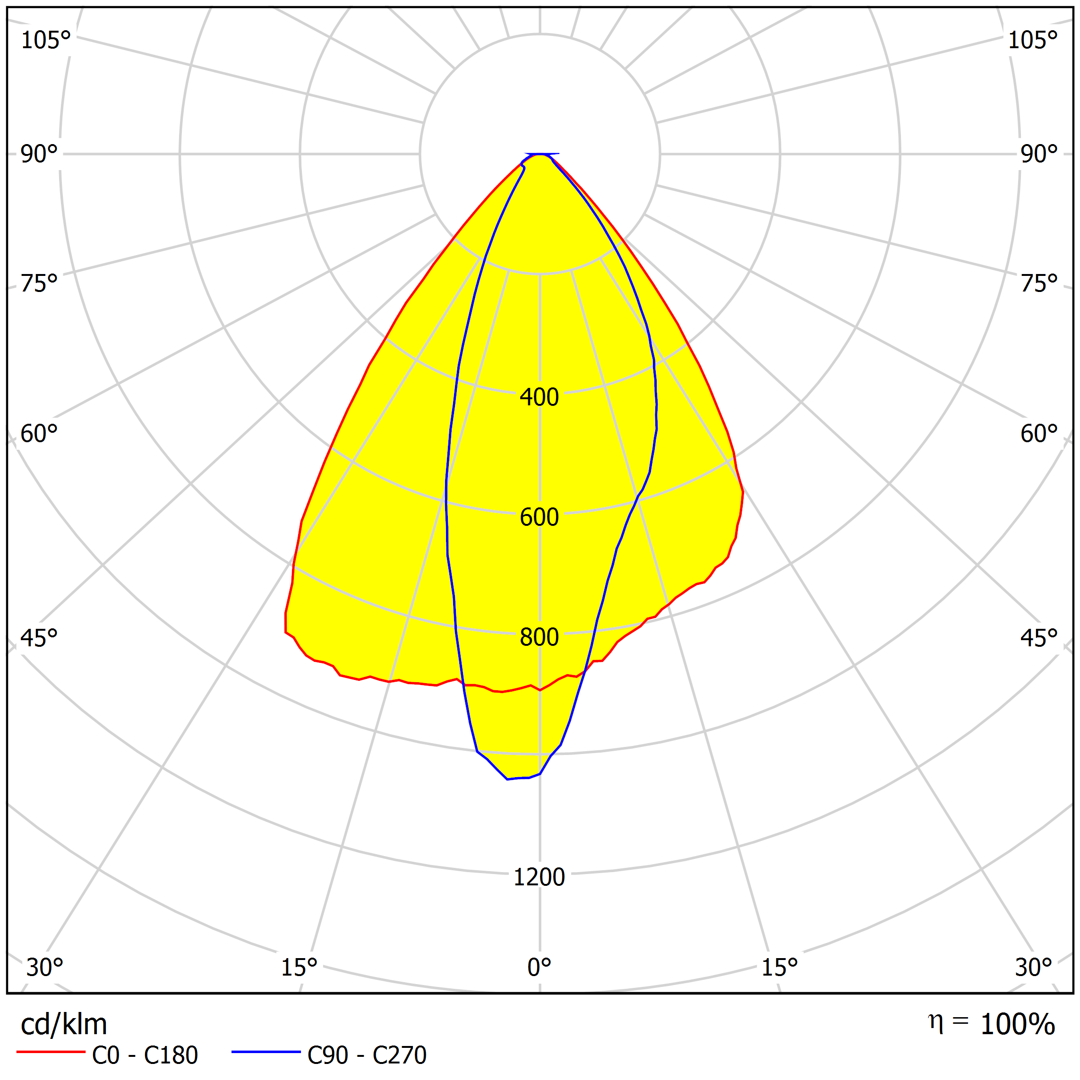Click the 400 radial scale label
[x=539, y=397]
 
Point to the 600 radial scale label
[x=539, y=517]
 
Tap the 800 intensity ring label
[x=539, y=637]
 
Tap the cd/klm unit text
[x=64, y=1025]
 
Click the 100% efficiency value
[x=1017, y=1025]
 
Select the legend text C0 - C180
[x=145, y=1055]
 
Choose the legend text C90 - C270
[x=367, y=1055]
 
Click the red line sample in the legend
[x=51, y=1052]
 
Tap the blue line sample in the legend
[x=266, y=1052]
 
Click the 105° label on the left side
[x=46, y=41]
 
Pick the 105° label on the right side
[x=1032, y=41]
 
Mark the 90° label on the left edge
[x=39, y=154]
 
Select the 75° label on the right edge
[x=1038, y=284]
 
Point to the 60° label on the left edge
[x=39, y=434]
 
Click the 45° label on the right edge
[x=1038, y=638]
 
